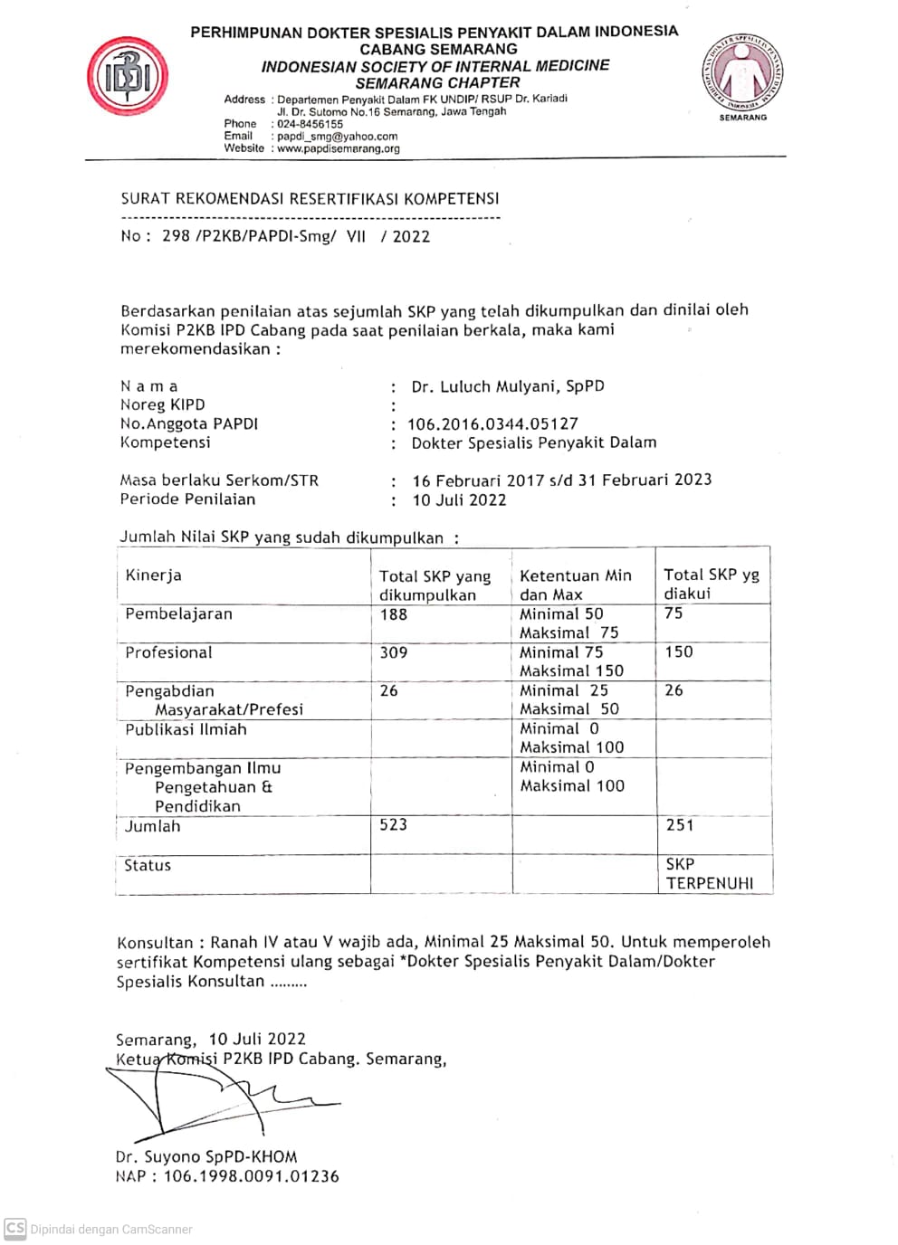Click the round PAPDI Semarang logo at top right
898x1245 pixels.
[x=742, y=74]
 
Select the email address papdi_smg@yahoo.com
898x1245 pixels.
[x=337, y=137]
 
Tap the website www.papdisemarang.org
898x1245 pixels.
[x=338, y=149]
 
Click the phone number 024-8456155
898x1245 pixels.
[x=310, y=124]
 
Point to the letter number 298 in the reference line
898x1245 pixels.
[x=176, y=236]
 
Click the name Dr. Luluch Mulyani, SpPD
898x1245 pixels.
[x=507, y=386]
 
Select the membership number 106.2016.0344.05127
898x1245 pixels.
[x=492, y=423]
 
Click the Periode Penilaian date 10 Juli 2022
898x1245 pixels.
[x=459, y=499]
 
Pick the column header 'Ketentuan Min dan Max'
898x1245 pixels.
[x=575, y=584]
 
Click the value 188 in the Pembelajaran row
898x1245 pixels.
[x=393, y=614]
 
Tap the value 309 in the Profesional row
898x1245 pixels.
[x=393, y=652]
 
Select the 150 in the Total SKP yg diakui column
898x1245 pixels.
[x=678, y=652]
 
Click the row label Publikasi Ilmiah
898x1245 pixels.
[x=186, y=729]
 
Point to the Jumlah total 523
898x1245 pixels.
[x=393, y=825]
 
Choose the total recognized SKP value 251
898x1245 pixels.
[x=679, y=825]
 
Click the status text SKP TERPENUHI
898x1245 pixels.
[x=709, y=874]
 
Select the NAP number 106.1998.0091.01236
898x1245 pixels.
[x=251, y=1176]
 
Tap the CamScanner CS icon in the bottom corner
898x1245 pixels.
[x=15, y=1229]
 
